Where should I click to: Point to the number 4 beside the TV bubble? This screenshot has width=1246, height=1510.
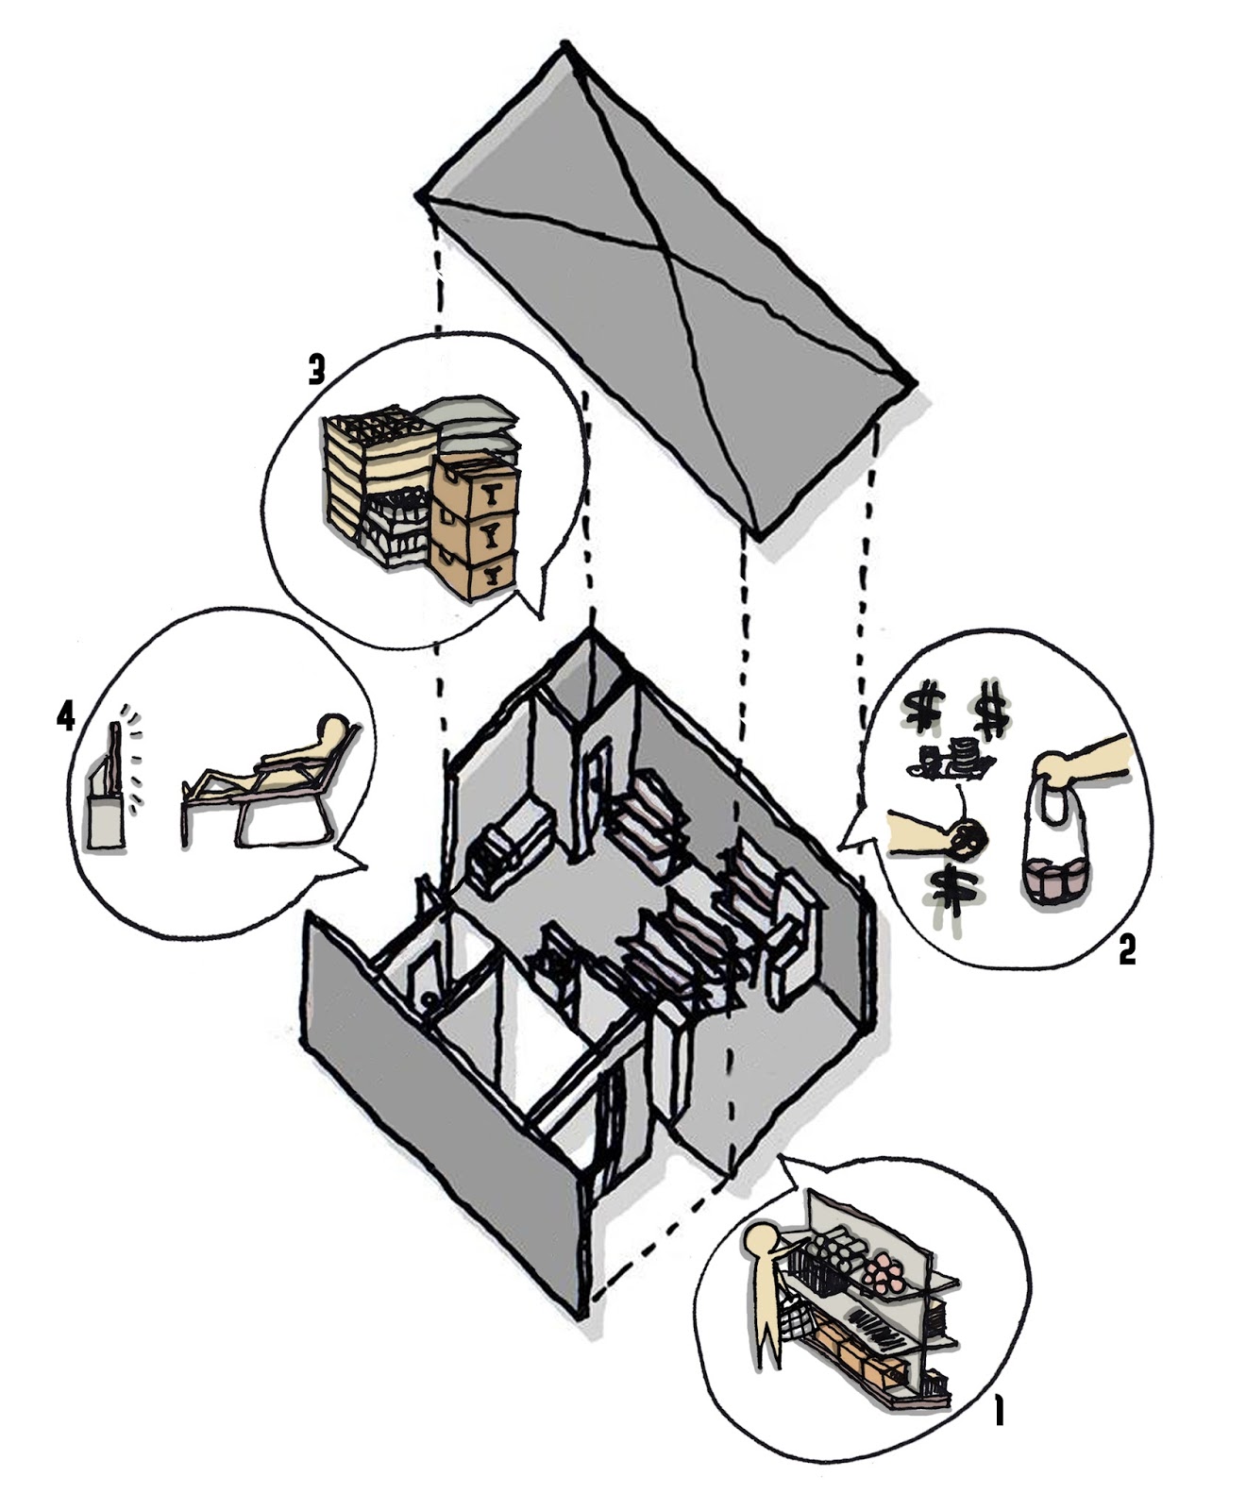(65, 718)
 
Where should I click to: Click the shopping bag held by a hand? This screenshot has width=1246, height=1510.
(1055, 854)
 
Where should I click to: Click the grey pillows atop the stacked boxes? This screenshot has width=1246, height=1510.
(468, 415)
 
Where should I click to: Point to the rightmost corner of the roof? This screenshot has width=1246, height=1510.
(912, 383)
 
